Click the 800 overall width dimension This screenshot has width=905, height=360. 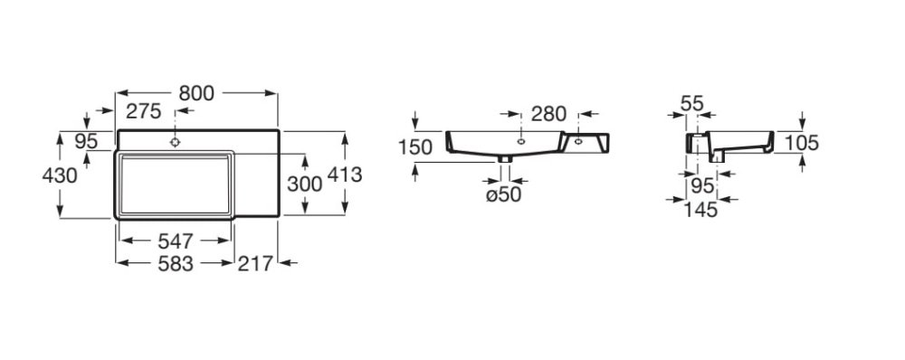pyautogui.click(x=196, y=93)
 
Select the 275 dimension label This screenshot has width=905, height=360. pyautogui.click(x=144, y=110)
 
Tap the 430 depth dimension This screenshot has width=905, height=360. pyautogui.click(x=60, y=175)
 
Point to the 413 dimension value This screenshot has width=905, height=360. pyautogui.click(x=345, y=175)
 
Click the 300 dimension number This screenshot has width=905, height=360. pyautogui.click(x=304, y=184)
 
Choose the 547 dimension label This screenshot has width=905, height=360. pyautogui.click(x=176, y=241)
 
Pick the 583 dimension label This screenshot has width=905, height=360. pyautogui.click(x=176, y=263)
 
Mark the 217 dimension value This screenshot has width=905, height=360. pyautogui.click(x=255, y=263)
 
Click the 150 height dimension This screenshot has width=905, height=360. pyautogui.click(x=415, y=147)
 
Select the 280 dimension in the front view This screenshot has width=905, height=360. pyautogui.click(x=549, y=114)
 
